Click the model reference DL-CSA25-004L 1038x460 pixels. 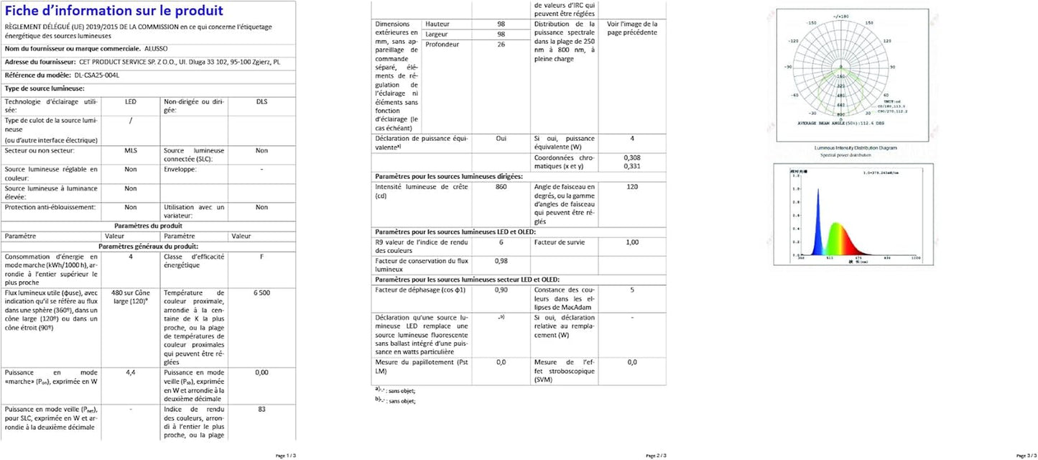click(x=96, y=75)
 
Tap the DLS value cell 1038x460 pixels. click(x=261, y=102)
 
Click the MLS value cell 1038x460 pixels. click(x=131, y=150)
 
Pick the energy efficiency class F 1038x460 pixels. click(x=261, y=256)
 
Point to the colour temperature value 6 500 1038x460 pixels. click(x=261, y=293)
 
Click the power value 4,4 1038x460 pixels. click(x=131, y=372)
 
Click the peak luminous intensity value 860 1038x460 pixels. click(x=501, y=187)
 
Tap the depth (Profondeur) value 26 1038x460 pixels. click(x=501, y=45)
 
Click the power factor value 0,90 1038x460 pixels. click(x=501, y=290)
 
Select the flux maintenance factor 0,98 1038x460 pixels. click(x=501, y=262)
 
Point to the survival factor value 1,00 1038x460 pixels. click(x=631, y=242)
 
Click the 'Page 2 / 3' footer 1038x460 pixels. click(x=656, y=456)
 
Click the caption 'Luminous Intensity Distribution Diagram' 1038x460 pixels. click(x=855, y=147)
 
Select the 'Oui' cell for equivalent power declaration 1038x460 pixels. click(x=501, y=138)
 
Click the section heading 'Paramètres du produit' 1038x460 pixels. click(x=148, y=226)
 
